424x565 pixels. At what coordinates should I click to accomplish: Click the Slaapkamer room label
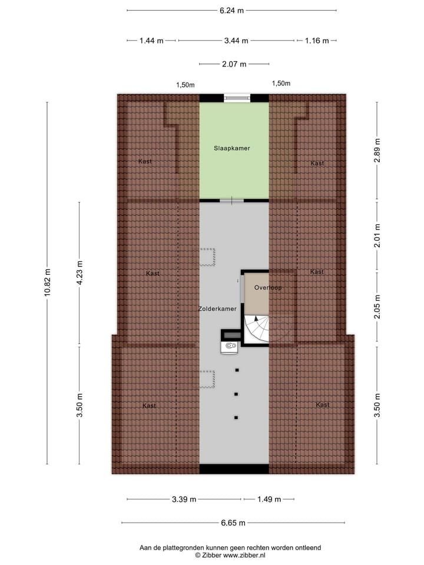coord(231,148)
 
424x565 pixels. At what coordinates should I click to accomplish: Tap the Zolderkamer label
coord(217,308)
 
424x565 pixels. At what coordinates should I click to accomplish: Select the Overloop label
coord(268,288)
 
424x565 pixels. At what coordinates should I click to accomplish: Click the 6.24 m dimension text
coord(231,10)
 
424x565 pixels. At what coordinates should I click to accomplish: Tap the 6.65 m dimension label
coord(233,523)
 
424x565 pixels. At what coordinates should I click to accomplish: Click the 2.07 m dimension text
coord(234,64)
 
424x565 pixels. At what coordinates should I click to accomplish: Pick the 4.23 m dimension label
coord(80,272)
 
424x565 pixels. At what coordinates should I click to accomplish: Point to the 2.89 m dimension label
coord(377,150)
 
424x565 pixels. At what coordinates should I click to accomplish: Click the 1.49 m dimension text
coord(268,500)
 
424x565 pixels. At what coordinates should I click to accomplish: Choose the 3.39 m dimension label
coord(184,500)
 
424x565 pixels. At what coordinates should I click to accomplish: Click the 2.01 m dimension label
coord(377,235)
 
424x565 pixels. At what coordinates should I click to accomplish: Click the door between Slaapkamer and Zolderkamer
coord(231,201)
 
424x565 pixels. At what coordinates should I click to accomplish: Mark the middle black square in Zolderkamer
coord(236,394)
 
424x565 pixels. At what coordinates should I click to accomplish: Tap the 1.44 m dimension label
coord(152,41)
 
